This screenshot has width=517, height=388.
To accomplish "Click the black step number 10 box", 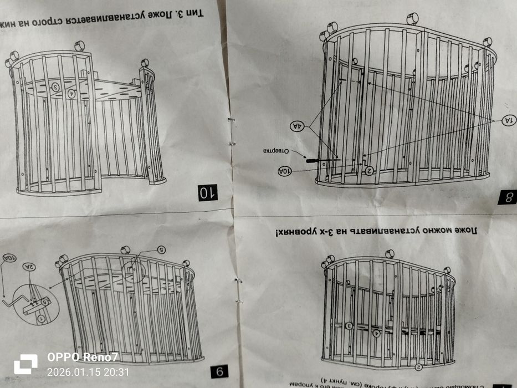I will tap(208, 192).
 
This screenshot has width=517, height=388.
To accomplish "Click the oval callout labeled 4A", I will tap(298, 126).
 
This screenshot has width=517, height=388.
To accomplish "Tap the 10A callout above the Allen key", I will tap(10, 258).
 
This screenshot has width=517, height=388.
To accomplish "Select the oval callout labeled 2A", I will tap(29, 267).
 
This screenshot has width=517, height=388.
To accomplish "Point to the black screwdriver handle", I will tap(311, 159).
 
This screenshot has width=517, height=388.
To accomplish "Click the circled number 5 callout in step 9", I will tap(161, 249).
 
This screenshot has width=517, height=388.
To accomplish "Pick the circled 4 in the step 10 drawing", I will tap(71, 94).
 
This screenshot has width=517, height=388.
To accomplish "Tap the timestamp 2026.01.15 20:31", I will tap(88, 372).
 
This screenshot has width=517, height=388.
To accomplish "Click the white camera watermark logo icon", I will tap(25, 364).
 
